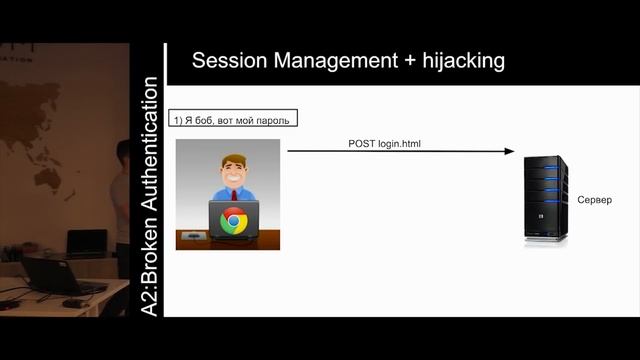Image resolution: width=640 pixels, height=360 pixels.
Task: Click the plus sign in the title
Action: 410,61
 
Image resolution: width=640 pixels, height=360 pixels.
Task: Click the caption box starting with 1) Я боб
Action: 233,120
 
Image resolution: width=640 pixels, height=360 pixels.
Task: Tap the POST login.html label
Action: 385,143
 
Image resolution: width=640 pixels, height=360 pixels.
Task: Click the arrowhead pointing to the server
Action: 509,152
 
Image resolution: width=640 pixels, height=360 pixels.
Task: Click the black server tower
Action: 545,199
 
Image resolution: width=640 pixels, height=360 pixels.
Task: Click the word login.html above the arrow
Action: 399,143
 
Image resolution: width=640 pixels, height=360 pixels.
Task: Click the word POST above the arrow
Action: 361,143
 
